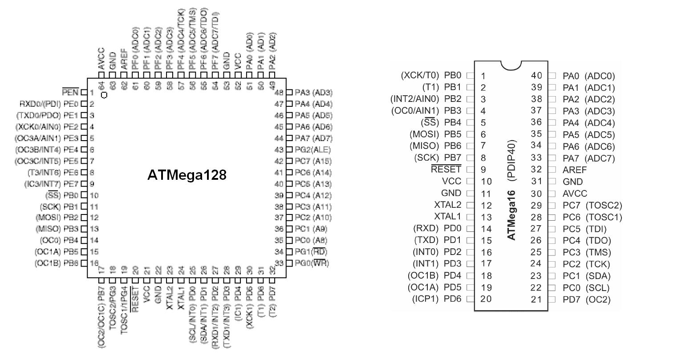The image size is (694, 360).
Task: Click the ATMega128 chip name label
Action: (187, 175)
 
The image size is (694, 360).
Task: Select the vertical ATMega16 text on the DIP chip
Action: (511, 215)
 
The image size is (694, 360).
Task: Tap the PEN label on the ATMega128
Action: (70, 93)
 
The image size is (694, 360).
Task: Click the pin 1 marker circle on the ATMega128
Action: (104, 95)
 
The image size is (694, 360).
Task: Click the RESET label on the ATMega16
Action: (446, 169)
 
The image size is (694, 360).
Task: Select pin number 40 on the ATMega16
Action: (536, 76)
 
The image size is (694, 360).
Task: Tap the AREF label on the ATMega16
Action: (575, 170)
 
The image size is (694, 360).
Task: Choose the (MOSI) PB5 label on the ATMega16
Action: (435, 134)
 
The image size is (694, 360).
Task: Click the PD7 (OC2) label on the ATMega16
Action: (586, 299)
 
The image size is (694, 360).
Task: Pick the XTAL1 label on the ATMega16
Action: (448, 217)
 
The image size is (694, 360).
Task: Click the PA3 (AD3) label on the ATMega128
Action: (313, 93)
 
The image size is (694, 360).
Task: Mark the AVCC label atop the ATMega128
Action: (101, 58)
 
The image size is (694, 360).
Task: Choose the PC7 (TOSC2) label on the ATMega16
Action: (592, 205)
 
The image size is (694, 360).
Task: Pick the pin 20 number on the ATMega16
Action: (486, 299)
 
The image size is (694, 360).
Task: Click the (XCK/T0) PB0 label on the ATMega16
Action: (431, 76)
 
